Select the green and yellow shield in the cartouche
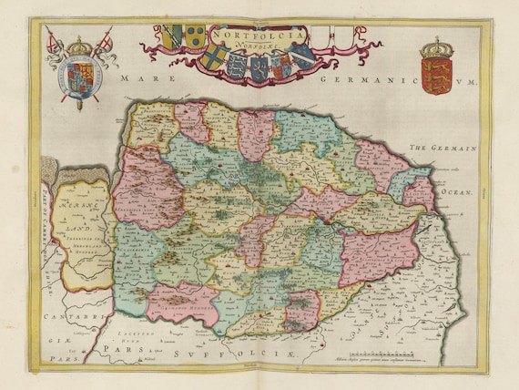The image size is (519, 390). coord(196,36)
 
